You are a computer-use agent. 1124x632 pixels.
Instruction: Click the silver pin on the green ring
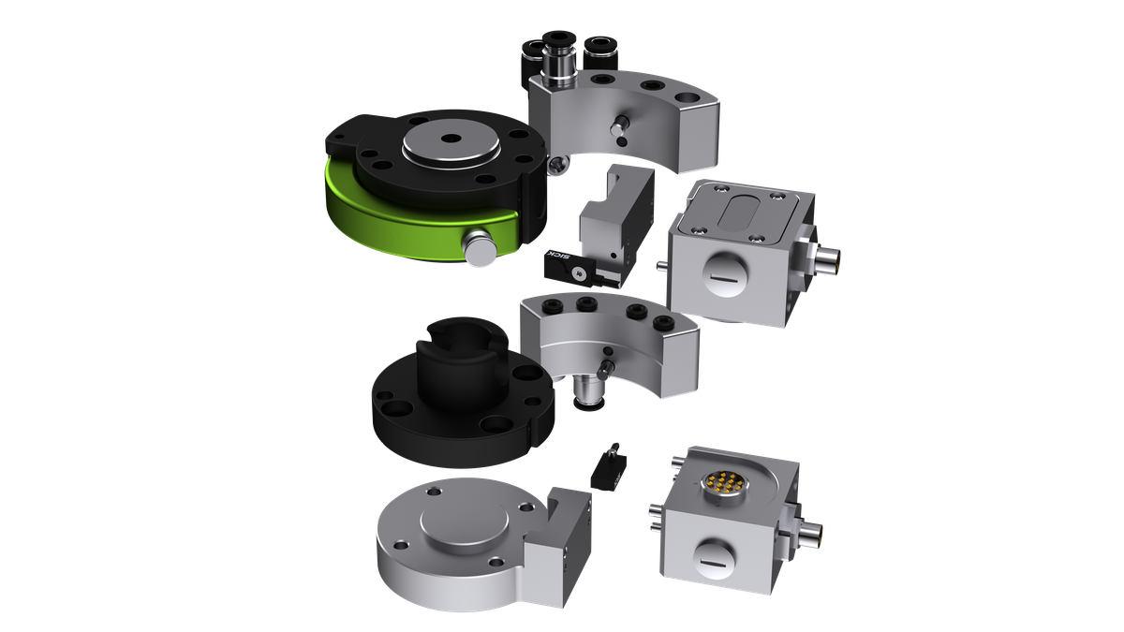coord(479,246)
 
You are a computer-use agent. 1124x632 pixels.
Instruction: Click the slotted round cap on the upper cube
coord(727,273)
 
